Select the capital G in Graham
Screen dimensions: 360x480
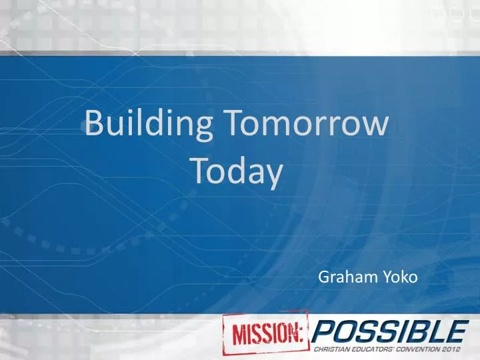[x=324, y=276]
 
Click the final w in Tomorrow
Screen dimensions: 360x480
[x=376, y=127]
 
